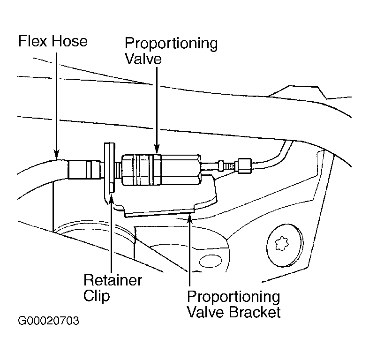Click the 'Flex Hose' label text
(x=53, y=41)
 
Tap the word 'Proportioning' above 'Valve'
(x=171, y=44)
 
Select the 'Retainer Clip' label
(x=113, y=288)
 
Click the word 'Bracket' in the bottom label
(x=255, y=312)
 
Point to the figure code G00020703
(x=48, y=321)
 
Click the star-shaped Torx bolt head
(x=282, y=243)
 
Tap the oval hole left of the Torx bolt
(x=211, y=261)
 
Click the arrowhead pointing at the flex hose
(x=56, y=154)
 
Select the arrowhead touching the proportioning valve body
(x=157, y=150)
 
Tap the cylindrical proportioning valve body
(x=161, y=170)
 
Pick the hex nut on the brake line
(x=245, y=166)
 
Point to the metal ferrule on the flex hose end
(x=84, y=169)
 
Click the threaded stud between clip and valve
(x=118, y=170)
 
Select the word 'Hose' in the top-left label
(x=70, y=41)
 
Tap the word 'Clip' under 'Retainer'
(x=97, y=296)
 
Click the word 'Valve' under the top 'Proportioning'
(x=143, y=58)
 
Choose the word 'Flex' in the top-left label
(x=33, y=41)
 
